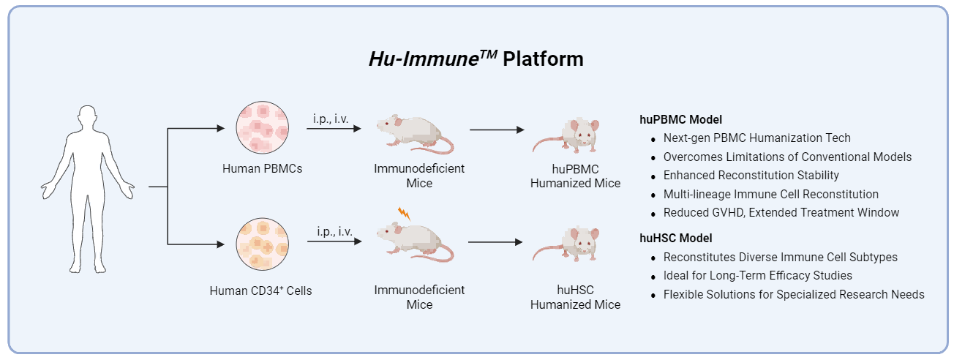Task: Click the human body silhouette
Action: point(88,187)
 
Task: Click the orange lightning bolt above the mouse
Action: point(404,214)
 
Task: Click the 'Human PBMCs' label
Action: point(262,168)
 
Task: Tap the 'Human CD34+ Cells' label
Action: point(260,290)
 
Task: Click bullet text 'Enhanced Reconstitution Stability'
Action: point(751,176)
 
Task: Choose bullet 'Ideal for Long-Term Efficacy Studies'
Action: point(757,276)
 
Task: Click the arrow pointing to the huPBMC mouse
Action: point(497,130)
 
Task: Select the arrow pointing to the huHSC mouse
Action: point(497,241)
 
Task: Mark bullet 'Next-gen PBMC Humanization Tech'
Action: point(756,138)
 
